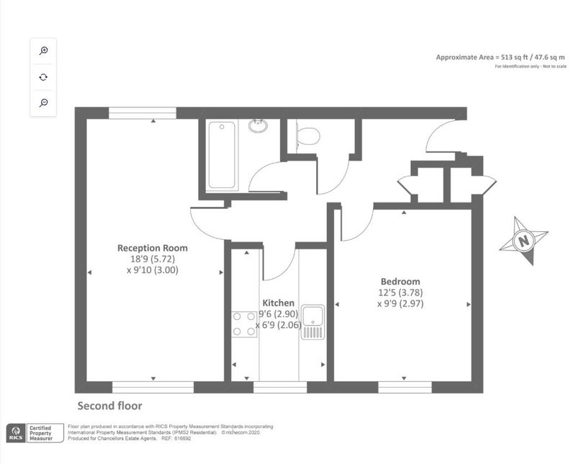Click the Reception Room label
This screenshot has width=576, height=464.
tap(153, 248)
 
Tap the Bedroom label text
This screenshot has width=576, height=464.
tap(400, 282)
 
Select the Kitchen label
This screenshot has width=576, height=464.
tap(278, 303)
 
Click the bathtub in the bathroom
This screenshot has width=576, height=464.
tap(222, 155)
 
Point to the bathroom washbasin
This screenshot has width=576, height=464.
tap(258, 125)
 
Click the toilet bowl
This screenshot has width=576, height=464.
tap(307, 136)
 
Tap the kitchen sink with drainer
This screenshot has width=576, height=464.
tap(313, 322)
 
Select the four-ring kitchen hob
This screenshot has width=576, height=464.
tap(244, 324)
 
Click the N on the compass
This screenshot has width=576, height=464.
tap(524, 241)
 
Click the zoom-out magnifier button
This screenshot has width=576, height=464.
tap(43, 102)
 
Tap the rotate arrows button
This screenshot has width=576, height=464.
tap(43, 77)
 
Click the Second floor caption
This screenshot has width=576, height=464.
tap(109, 406)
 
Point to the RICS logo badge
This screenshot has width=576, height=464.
tap(16, 433)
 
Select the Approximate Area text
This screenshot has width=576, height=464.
tap(500, 58)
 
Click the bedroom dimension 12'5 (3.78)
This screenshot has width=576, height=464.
tap(400, 293)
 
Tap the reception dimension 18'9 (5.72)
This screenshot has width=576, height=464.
tap(153, 259)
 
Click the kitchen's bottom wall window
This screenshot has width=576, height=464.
tap(280, 387)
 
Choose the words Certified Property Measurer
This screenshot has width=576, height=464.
tap(41, 433)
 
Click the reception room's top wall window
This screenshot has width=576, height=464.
tap(143, 113)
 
